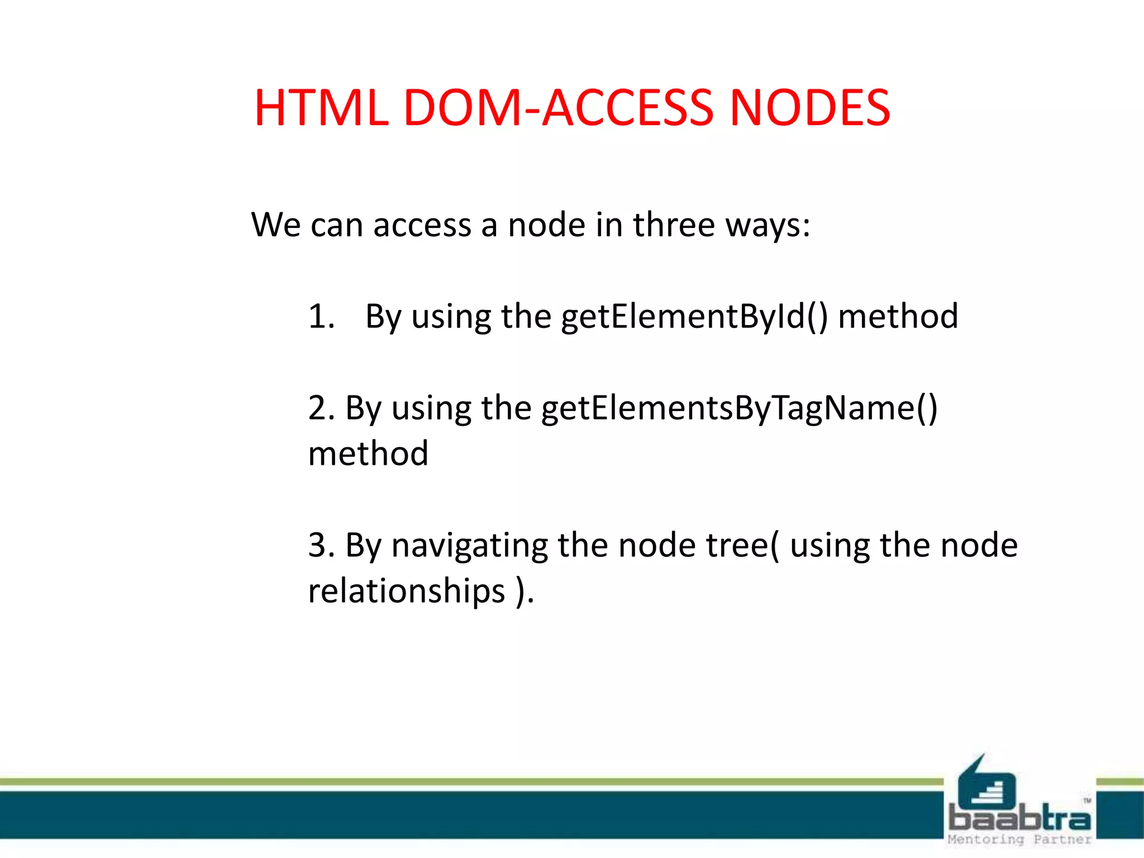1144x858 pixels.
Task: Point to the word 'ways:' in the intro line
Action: pos(768,226)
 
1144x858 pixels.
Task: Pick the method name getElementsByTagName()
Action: pos(739,408)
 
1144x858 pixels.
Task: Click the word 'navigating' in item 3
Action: pos(469,546)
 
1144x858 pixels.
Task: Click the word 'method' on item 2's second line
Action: pos(368,453)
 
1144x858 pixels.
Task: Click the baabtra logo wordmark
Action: pos(1019,819)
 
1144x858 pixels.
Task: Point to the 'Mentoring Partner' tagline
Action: pos(1019,839)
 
